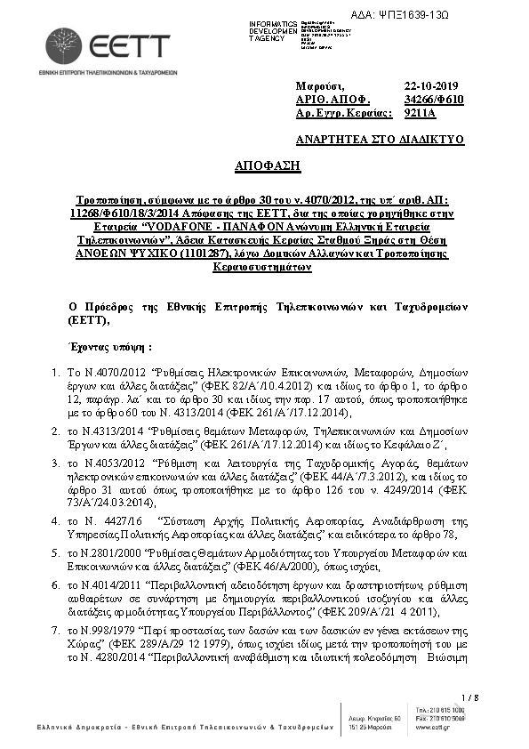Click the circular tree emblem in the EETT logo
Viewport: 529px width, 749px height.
coord(64,45)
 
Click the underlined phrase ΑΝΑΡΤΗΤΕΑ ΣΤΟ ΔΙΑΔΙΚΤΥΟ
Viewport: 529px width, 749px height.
coord(380,140)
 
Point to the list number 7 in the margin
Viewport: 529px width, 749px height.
coord(55,630)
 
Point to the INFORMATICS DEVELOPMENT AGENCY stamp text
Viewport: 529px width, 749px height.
coord(273,31)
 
